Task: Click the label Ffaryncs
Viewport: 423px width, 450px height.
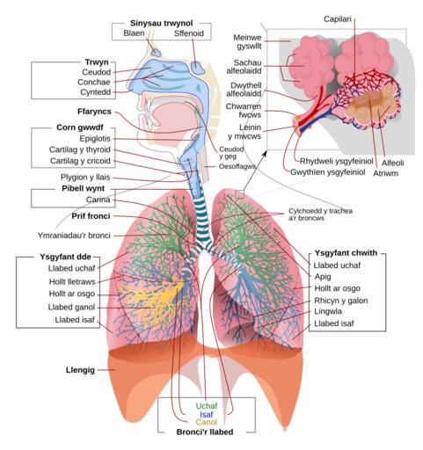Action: pos(94,112)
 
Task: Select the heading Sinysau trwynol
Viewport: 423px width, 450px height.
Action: pos(161,23)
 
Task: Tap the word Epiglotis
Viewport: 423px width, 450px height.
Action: pos(95,139)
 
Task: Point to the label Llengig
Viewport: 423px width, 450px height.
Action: pos(80,370)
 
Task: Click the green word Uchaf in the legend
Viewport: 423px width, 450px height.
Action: pos(207,406)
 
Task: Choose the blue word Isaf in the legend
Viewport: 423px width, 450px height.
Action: pos(207,415)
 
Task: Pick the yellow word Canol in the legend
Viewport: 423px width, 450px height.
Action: pos(207,422)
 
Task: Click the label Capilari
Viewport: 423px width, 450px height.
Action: pos(338,19)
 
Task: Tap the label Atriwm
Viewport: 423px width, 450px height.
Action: pos(385,173)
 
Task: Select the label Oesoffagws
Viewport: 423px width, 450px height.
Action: pos(237,166)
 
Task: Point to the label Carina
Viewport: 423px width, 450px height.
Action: pos(98,200)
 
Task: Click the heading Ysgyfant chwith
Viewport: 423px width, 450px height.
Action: pos(346,253)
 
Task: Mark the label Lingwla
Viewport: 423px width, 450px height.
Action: pos(328,311)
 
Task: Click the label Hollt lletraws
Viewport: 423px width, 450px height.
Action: pos(72,282)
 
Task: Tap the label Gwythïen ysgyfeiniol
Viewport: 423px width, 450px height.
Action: pos(328,172)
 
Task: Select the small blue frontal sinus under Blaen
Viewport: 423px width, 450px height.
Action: pos(156,52)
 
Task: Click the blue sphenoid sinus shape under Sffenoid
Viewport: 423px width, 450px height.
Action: pos(198,68)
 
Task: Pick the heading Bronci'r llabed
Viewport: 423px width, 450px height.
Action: pos(205,432)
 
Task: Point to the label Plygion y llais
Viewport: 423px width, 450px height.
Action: pos(85,178)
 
